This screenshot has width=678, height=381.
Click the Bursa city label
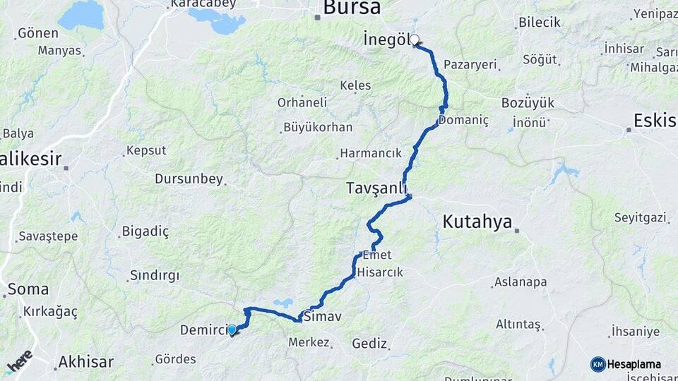[352, 8]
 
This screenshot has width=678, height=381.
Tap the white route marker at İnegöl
[415, 40]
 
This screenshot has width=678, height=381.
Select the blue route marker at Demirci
[232, 329]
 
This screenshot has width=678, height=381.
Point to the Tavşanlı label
[376, 188]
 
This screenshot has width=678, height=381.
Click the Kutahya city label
[477, 222]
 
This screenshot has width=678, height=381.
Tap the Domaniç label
[463, 121]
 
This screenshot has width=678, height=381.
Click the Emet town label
[376, 255]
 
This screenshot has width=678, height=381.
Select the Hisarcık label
[380, 272]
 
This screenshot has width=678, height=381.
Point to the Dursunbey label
[189, 179]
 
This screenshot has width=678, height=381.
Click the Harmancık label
[370, 153]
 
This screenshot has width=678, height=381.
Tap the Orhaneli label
[302, 102]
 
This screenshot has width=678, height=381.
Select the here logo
[19, 361]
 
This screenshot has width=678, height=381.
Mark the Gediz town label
[369, 344]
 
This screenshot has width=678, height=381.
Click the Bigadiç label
[145, 231]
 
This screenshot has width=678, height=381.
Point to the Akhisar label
[85, 362]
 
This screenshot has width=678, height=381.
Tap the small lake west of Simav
[283, 303]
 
